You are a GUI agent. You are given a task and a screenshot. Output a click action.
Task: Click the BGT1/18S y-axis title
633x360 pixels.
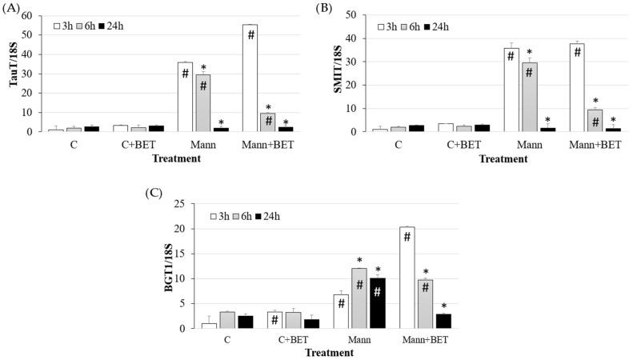pyautogui.click(x=168, y=264)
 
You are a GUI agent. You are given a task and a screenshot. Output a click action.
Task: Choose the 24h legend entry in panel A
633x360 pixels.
pyautogui.click(x=111, y=26)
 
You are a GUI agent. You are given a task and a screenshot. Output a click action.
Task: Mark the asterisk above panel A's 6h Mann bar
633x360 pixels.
pyautogui.click(x=203, y=68)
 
